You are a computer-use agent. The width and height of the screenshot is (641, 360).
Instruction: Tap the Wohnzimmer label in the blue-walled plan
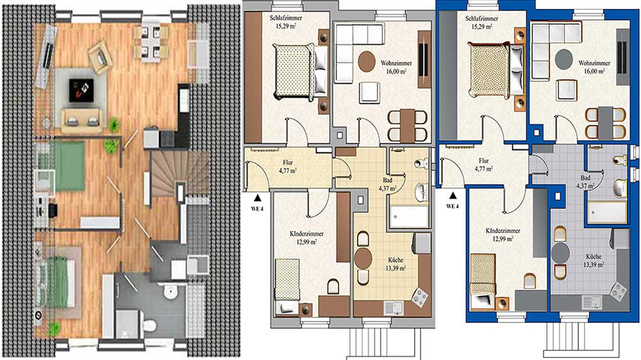594,63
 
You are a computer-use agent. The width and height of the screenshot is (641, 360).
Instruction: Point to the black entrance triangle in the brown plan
258,198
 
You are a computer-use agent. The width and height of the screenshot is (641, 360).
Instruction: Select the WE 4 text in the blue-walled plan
452,206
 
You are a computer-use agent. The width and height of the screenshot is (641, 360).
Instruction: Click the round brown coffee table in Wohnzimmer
367,61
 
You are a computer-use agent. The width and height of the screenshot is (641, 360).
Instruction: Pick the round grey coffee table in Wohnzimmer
563,58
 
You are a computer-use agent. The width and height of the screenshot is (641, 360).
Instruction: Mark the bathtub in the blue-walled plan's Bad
606,212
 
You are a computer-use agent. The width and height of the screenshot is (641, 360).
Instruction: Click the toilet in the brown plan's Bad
420,163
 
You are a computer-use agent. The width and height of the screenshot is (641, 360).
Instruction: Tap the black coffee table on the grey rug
81,90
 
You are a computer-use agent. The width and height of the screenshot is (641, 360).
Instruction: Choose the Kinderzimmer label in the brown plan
306,234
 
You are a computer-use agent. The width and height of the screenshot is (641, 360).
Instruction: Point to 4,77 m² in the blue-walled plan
483,168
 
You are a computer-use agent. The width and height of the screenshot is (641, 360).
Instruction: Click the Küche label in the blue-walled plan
594,257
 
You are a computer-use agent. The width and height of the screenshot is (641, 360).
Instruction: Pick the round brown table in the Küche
363,258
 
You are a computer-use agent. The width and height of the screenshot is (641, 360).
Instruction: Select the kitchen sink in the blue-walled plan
592,302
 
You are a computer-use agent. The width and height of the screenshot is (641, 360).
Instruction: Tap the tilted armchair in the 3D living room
100,57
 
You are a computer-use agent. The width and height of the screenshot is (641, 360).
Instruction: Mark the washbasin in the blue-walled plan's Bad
620,188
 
